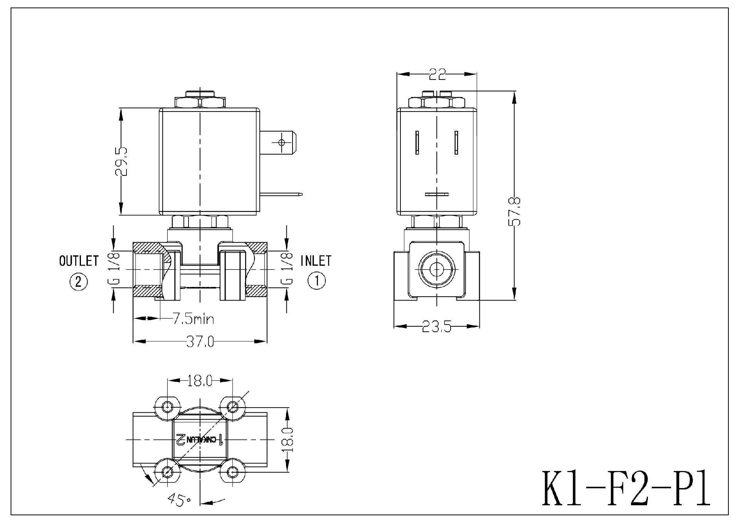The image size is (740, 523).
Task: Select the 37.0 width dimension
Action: point(200,342)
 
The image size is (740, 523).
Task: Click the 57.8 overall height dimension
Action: point(515,211)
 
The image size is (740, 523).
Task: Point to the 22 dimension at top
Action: point(437,74)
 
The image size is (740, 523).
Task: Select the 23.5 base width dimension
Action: point(436,327)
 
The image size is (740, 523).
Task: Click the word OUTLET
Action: point(79,261)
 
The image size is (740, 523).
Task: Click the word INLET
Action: point(316,261)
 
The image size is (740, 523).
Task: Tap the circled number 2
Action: point(79,282)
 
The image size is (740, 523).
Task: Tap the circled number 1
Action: point(316,281)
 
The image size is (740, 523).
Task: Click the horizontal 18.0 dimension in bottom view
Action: point(200,381)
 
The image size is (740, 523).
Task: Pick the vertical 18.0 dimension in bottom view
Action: point(289,440)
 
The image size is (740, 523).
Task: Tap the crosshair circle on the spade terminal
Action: point(281,143)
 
